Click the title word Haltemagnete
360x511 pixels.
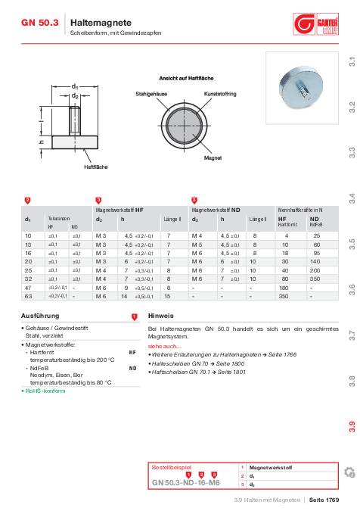[95, 23]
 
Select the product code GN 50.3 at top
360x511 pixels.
[39, 23]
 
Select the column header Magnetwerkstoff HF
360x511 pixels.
[119, 208]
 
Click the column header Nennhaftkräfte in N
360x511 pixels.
[300, 208]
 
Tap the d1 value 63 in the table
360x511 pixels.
[28, 297]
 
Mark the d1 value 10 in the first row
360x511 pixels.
[28, 236]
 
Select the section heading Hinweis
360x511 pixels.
[160, 315]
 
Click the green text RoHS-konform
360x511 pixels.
[46, 391]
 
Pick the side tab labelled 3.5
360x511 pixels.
[352, 245]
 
